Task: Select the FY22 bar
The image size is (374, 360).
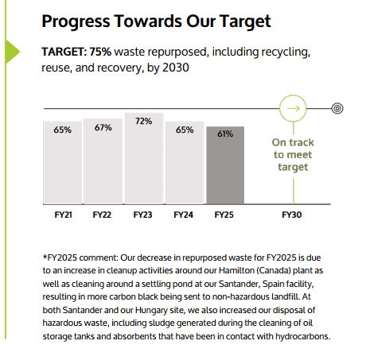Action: coord(103,159)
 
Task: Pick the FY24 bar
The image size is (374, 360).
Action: coord(184,160)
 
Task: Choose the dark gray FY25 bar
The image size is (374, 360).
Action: coord(224,162)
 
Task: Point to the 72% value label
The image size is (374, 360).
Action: coord(143,122)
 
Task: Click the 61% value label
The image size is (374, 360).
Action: coord(224,134)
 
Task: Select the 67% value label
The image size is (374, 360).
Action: coord(103,127)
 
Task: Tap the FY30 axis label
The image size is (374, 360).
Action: coord(292,215)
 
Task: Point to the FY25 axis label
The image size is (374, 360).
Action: coord(224,215)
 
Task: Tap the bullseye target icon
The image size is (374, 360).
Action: coord(337,106)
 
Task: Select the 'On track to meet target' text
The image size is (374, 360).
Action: coord(292,154)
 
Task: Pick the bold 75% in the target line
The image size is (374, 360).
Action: coord(100,52)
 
